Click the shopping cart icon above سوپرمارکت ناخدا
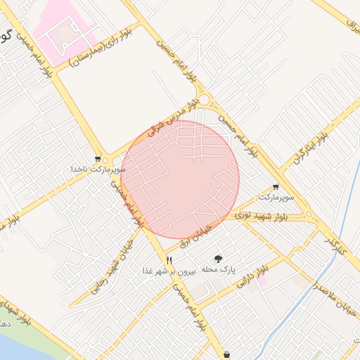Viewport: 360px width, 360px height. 98,159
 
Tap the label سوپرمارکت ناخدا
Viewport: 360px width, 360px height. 98,169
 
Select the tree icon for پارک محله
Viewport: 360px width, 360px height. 218,259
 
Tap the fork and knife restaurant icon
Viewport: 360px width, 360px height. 169,260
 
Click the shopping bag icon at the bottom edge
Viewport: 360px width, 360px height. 226,354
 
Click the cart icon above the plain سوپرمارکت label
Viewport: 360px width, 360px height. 275,187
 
